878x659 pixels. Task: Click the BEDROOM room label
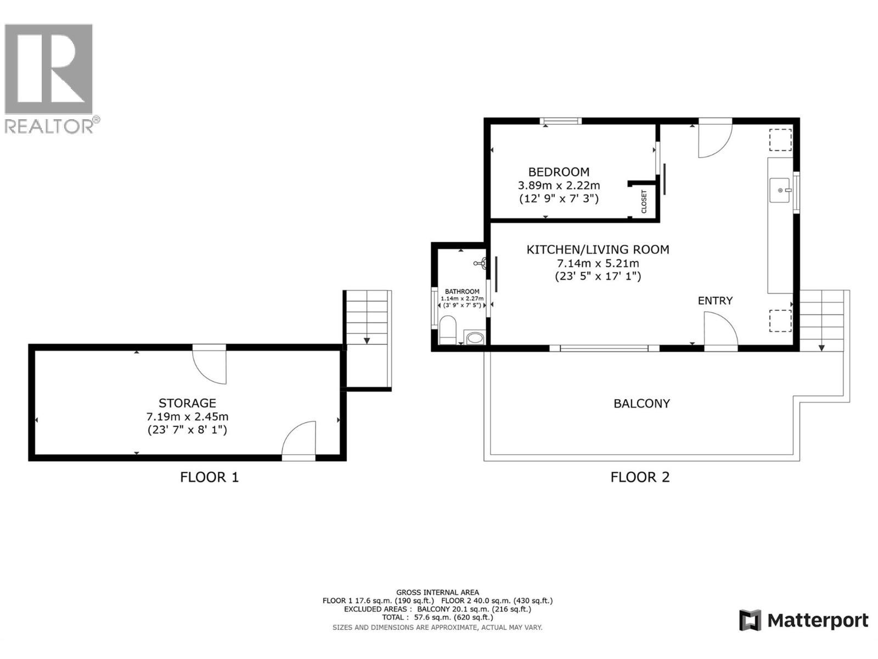[559, 172]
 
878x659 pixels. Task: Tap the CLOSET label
[644, 202]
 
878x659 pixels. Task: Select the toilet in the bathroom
[447, 329]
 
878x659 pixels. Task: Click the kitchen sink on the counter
[780, 190]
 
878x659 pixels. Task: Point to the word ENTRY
[715, 300]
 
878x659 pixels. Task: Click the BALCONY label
[641, 404]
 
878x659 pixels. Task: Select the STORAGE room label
[187, 403]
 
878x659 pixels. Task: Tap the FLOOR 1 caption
[209, 477]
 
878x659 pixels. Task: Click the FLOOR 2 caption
[640, 477]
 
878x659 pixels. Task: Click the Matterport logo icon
[750, 621]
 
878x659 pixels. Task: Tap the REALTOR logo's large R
[48, 69]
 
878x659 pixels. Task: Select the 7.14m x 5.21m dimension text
[598, 263]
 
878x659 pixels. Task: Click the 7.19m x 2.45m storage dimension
[187, 417]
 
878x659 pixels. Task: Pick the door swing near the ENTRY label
[719, 329]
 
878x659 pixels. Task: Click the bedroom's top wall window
[560, 121]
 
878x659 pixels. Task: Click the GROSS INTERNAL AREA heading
[437, 592]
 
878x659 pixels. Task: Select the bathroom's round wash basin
[474, 337]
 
